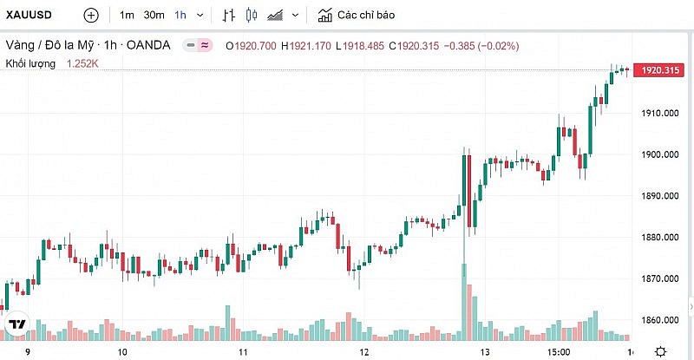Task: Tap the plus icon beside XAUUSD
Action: click(x=91, y=16)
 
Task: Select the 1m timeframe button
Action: click(x=127, y=16)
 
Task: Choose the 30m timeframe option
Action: click(x=154, y=16)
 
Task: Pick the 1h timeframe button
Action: click(x=180, y=16)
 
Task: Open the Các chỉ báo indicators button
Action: click(x=356, y=16)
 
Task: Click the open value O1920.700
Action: click(x=251, y=45)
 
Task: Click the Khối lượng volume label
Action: click(x=31, y=63)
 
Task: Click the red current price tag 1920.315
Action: click(x=658, y=69)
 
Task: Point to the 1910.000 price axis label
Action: click(x=658, y=114)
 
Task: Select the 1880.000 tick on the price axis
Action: click(x=658, y=238)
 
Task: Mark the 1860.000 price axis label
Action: click(x=658, y=320)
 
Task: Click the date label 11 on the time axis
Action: click(x=244, y=352)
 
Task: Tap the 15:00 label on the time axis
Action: click(x=559, y=352)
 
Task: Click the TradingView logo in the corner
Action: click(x=16, y=325)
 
